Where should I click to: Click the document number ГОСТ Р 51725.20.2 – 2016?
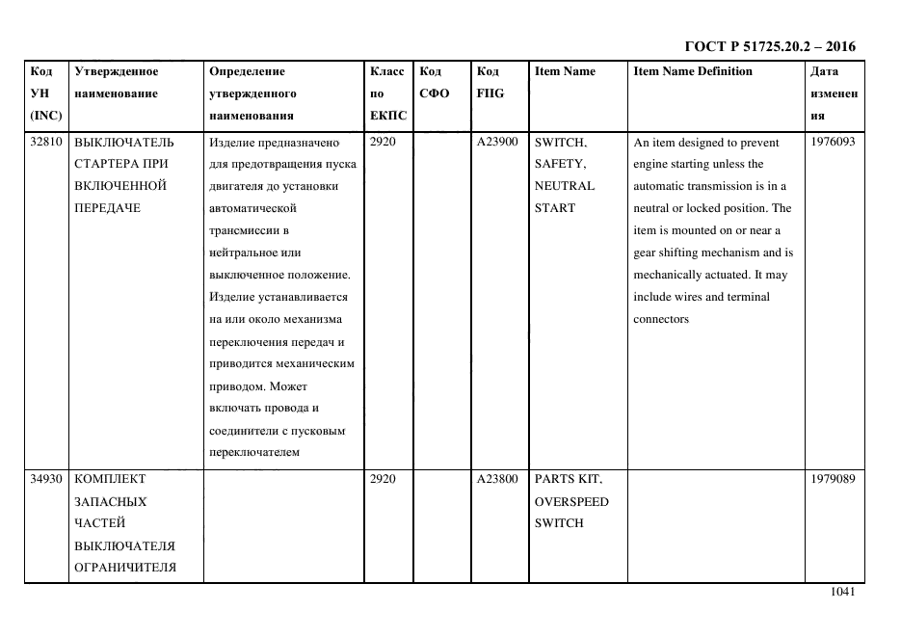click(769, 46)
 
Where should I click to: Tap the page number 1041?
click(842, 593)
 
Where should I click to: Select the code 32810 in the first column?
click(45, 142)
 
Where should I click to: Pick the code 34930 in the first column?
click(45, 479)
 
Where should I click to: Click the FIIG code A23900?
click(497, 142)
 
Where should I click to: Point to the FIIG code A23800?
click(497, 479)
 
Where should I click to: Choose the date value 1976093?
click(834, 142)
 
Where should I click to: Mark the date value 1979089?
click(834, 479)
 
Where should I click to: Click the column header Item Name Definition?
click(693, 71)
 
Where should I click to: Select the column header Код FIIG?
click(490, 82)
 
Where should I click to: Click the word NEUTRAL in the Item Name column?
click(564, 186)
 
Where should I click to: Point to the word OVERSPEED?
click(571, 501)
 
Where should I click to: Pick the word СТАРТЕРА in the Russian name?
click(107, 164)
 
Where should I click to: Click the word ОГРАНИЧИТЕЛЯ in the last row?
click(124, 567)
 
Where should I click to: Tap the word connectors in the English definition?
click(661, 319)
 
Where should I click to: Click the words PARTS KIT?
click(568, 479)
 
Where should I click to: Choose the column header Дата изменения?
click(834, 93)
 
